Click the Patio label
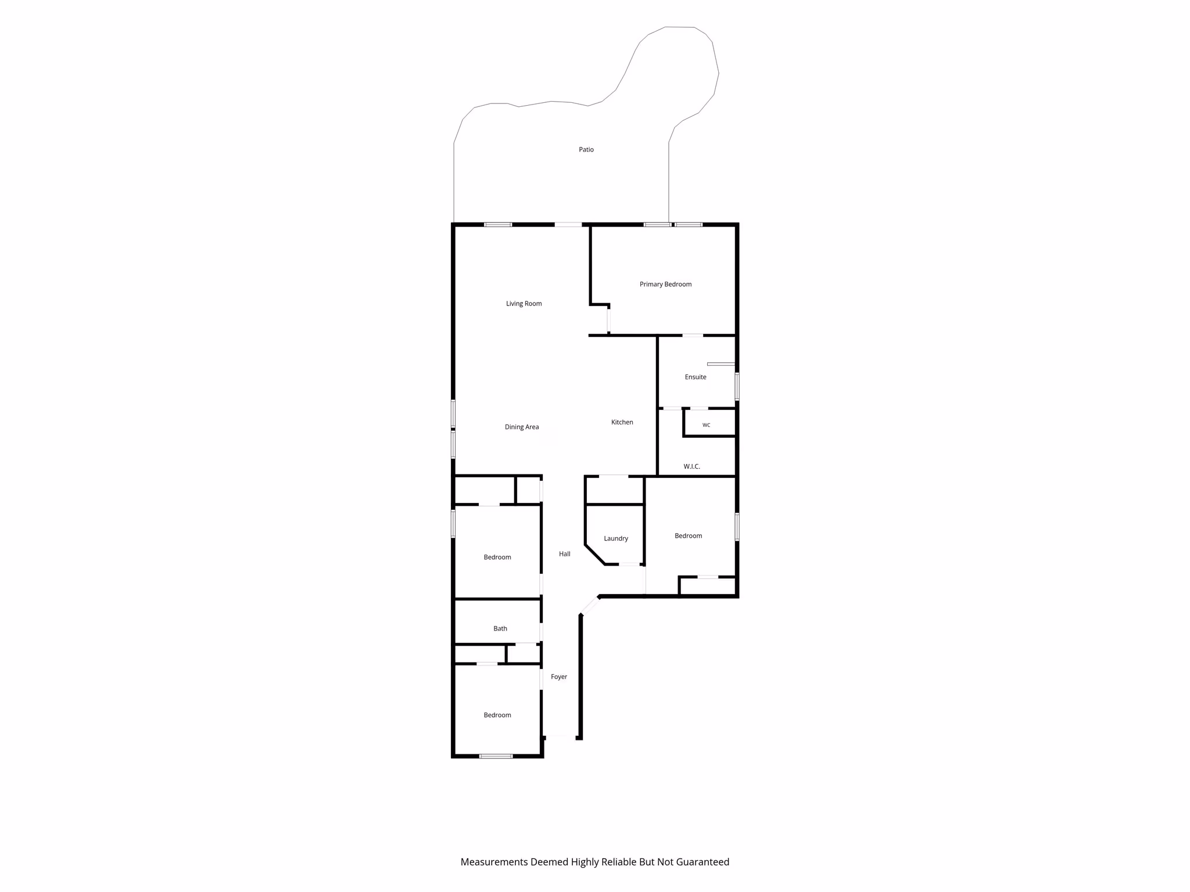586,150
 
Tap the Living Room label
524,304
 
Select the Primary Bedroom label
665,285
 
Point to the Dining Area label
522,427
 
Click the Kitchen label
622,422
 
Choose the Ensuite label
696,377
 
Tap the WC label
706,425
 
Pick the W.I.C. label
691,466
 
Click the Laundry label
616,539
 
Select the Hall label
564,554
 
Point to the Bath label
500,628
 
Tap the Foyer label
558,677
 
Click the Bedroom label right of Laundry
688,536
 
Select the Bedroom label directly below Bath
497,715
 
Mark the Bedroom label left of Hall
497,557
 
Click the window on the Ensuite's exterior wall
737,387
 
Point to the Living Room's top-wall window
498,225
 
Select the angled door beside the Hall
590,605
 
